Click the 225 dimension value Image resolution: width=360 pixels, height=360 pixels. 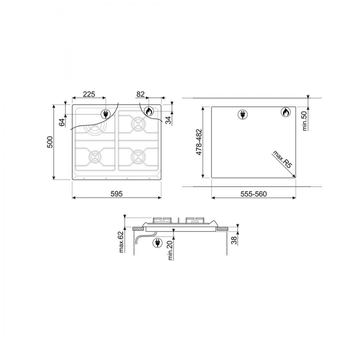click(89, 94)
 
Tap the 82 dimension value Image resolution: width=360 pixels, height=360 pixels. click(140, 94)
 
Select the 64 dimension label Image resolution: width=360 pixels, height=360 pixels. click(62, 122)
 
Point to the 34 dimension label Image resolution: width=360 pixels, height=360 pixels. click(169, 120)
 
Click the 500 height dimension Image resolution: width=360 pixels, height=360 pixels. click(50, 142)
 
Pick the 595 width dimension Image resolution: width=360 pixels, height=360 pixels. click(117, 194)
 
